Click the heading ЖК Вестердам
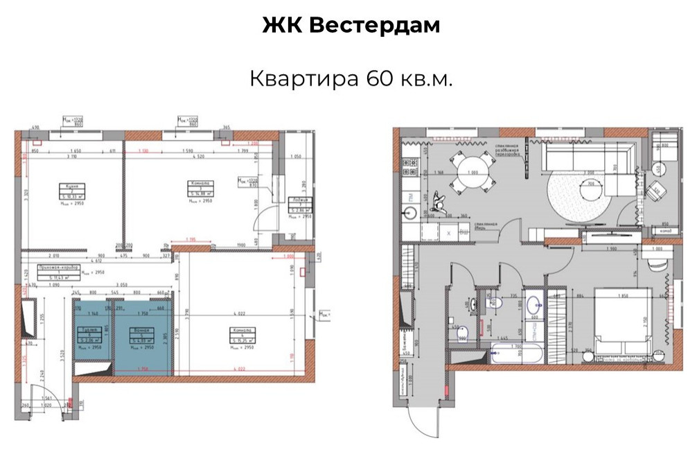point(351,26)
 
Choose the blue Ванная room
point(142,335)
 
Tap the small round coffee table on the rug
point(590,187)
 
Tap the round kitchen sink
point(407,214)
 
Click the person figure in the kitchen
point(436,202)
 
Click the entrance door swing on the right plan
point(424,416)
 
